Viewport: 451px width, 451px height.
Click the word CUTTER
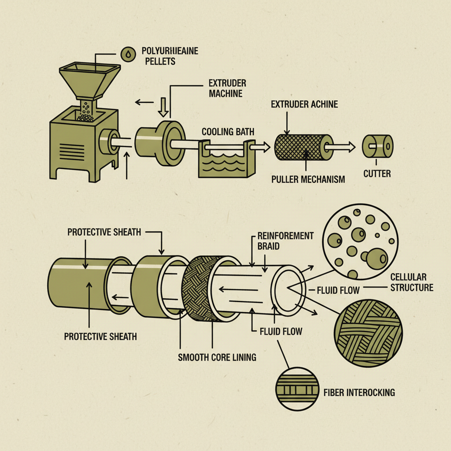pyautogui.click(x=377, y=174)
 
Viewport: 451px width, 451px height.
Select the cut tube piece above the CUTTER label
pyautogui.click(x=377, y=147)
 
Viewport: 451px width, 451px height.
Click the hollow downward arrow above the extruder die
pyautogui.click(x=162, y=107)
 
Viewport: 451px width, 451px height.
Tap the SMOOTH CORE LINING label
pyautogui.click(x=217, y=357)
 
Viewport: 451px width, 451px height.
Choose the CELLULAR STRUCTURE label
pyautogui.click(x=412, y=282)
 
